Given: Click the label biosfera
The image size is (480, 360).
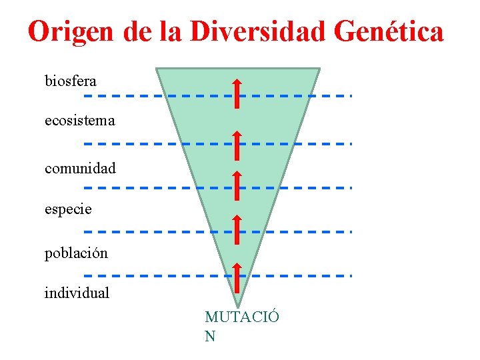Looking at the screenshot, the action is [x=71, y=81].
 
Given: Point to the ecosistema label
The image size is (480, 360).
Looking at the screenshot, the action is [x=80, y=121].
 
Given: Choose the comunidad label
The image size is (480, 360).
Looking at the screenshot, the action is [x=80, y=168].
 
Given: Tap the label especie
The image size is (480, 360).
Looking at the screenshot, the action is [x=68, y=209].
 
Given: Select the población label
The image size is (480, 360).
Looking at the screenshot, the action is [x=76, y=253].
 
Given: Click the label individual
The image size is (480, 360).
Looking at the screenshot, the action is [x=77, y=293].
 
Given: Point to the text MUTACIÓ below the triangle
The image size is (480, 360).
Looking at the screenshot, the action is [x=241, y=317].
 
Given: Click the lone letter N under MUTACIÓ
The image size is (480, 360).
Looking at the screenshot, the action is [x=210, y=336].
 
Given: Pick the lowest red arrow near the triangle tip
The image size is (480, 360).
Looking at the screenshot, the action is [x=237, y=278].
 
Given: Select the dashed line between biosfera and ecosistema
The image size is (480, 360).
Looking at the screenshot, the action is [x=133, y=95].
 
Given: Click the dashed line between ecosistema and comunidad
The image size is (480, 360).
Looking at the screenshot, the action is [x=133, y=143].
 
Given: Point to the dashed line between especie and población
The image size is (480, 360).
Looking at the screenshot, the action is [x=133, y=231].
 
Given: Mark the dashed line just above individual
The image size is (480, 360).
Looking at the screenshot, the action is [x=133, y=275].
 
